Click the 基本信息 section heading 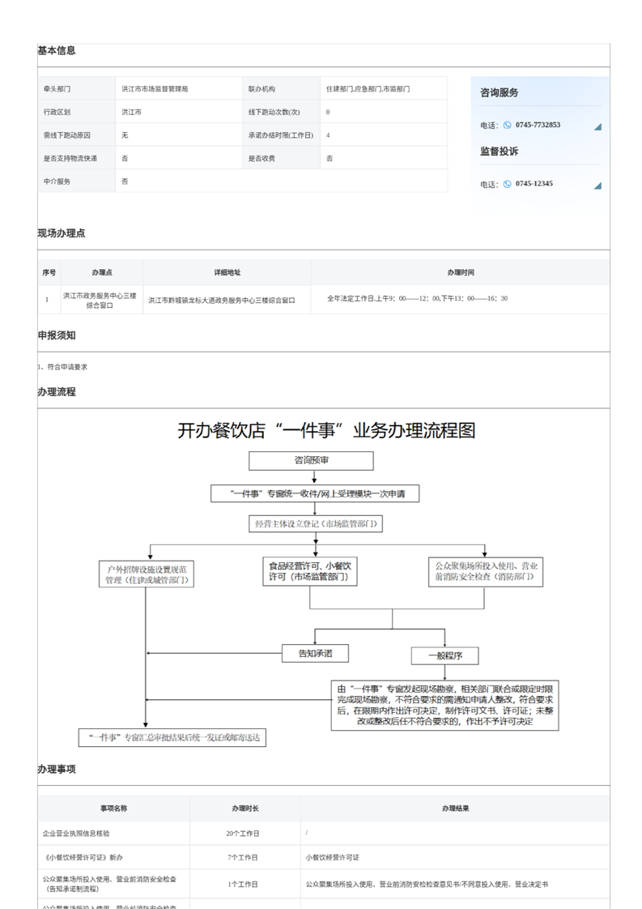(x=57, y=50)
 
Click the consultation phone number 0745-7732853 (x=538, y=125)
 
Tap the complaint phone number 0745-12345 (x=534, y=184)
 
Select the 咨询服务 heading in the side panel (x=500, y=93)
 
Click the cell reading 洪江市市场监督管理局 (x=155, y=88)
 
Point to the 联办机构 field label (x=261, y=88)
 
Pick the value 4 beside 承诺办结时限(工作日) (x=328, y=135)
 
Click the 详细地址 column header (x=227, y=273)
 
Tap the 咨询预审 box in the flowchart (x=311, y=461)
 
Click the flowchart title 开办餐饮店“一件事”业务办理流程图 (x=326, y=430)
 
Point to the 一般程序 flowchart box (x=444, y=655)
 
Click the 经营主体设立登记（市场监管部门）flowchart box (x=315, y=523)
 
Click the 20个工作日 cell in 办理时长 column (x=244, y=833)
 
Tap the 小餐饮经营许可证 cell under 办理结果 (x=332, y=857)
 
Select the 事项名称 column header (x=113, y=809)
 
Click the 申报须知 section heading (x=57, y=335)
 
